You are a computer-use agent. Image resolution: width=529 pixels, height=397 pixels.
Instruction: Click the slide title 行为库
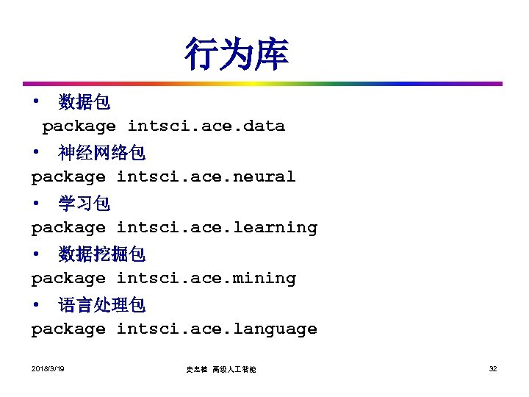(x=236, y=55)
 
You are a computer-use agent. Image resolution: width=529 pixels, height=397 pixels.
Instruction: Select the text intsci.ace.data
(x=206, y=126)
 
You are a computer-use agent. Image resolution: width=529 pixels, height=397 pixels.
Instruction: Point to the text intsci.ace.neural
(x=206, y=176)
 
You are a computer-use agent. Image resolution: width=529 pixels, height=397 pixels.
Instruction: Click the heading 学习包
(x=84, y=204)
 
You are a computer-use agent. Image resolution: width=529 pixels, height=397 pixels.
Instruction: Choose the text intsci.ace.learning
(x=217, y=227)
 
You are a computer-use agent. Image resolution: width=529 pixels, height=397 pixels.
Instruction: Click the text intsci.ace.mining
(x=206, y=278)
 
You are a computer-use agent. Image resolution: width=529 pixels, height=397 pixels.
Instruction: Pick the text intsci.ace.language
(x=217, y=329)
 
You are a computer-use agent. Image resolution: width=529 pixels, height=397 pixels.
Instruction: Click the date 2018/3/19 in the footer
(x=48, y=368)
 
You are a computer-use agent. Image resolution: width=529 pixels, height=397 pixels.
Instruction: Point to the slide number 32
(x=493, y=368)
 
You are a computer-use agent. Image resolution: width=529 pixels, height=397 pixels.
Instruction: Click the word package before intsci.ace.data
(x=79, y=126)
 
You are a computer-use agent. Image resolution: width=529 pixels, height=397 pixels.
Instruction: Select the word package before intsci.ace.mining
(x=68, y=279)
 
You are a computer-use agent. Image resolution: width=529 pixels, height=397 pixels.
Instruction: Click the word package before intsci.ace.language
(x=68, y=329)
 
